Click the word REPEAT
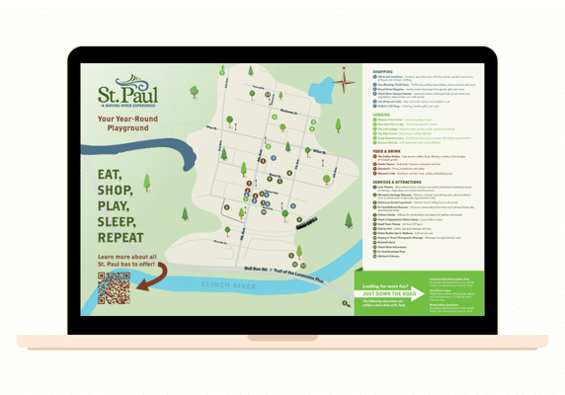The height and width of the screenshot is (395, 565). (120, 238)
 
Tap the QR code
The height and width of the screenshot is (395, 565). (114, 287)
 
